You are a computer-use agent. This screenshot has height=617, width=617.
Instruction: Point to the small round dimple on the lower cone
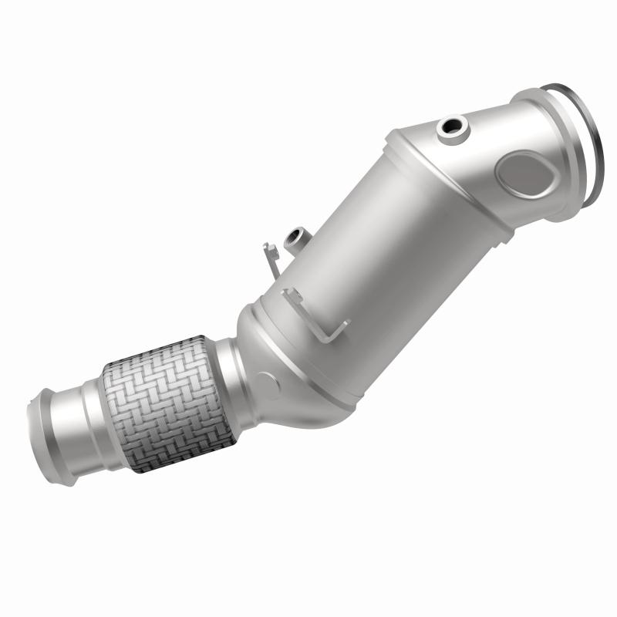click(x=267, y=379)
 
